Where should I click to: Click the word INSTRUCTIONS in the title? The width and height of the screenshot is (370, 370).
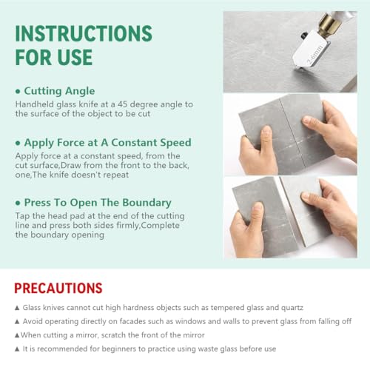pyautogui.click(x=84, y=33)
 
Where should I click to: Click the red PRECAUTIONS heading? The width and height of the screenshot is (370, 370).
pyautogui.click(x=58, y=288)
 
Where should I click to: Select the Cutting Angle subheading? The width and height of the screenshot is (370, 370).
pyautogui.click(x=59, y=91)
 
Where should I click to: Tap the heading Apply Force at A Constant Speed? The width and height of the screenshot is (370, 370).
pyautogui.click(x=108, y=143)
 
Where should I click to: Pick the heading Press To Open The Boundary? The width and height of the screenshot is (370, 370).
pyautogui.click(x=98, y=203)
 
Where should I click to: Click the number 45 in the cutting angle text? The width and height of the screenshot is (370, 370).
pyautogui.click(x=123, y=104)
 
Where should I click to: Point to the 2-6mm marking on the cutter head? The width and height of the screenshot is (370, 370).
pyautogui.click(x=315, y=55)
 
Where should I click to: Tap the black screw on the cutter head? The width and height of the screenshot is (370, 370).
pyautogui.click(x=304, y=36)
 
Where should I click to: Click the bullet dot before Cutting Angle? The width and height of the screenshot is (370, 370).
pyautogui.click(x=18, y=92)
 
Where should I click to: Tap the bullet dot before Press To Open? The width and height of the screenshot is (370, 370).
pyautogui.click(x=18, y=203)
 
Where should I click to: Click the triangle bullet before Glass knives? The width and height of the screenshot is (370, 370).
pyautogui.click(x=17, y=308)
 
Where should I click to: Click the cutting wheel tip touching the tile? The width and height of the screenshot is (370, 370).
pyautogui.click(x=295, y=69)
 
